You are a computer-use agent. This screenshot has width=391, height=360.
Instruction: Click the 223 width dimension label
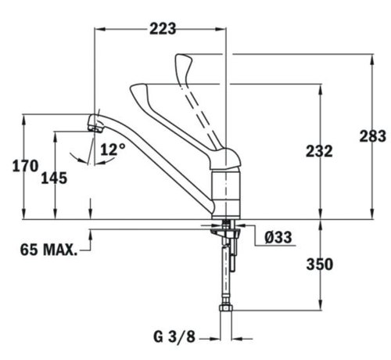[x=163, y=29]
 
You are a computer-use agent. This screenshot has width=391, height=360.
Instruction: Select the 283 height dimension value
[x=373, y=136]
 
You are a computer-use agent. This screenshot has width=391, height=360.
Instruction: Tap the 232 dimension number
[x=319, y=151]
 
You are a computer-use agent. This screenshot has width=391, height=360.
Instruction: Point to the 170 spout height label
[x=26, y=166]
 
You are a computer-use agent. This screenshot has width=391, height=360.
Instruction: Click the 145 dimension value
[x=54, y=178]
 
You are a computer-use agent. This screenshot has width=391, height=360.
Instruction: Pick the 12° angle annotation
[x=113, y=149]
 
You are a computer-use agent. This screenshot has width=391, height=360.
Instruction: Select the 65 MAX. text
[x=49, y=250]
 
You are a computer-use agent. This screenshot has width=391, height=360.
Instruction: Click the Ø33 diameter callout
[x=278, y=237]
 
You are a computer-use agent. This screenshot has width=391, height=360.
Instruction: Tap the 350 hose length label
[x=320, y=265]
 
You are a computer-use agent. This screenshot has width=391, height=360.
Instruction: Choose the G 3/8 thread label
[x=174, y=337]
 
